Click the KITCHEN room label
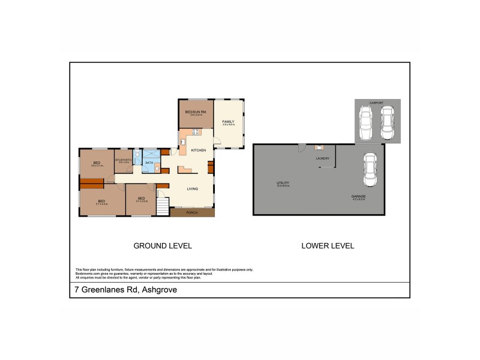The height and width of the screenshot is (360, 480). pyautogui.click(x=199, y=150)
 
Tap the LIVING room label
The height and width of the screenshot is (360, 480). pyautogui.click(x=192, y=189)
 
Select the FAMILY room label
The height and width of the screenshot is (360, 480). pyautogui.click(x=228, y=122)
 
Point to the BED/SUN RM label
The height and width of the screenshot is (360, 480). pyautogui.click(x=196, y=112)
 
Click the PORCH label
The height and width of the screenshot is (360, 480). pyautogui.click(x=192, y=212)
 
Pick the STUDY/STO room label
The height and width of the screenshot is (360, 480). pyautogui.click(x=124, y=160)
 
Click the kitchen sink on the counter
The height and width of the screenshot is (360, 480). pyautogui.click(x=182, y=142)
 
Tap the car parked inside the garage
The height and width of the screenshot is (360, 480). pyautogui.click(x=370, y=170)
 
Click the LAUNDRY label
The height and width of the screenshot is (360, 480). pyautogui.click(x=323, y=158)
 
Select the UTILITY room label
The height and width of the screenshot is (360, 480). pyautogui.click(x=283, y=184)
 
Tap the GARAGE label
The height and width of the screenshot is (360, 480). pyautogui.click(x=359, y=196)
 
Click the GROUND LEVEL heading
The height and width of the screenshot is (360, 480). pyautogui.click(x=162, y=245)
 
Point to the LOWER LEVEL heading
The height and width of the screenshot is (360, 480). pyautogui.click(x=328, y=245)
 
